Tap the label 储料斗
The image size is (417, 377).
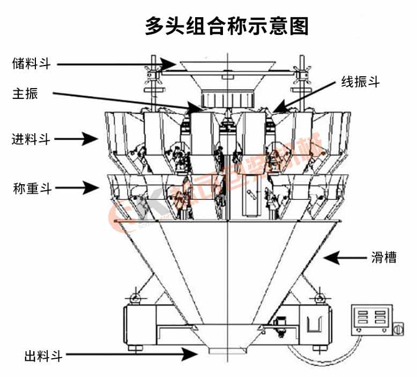pyautogui.click(x=32, y=64)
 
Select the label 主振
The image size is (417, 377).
pyautogui.click(x=25, y=93)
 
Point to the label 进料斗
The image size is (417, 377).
pyautogui.click(x=32, y=139)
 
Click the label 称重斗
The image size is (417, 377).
pyautogui.click(x=32, y=188)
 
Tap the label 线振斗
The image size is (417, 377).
pyautogui.click(x=361, y=82)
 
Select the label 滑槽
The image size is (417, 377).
pyautogui.click(x=384, y=257)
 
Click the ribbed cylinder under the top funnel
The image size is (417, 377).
pyautogui.click(x=226, y=99)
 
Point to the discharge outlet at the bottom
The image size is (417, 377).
pyautogui.click(x=226, y=350)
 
